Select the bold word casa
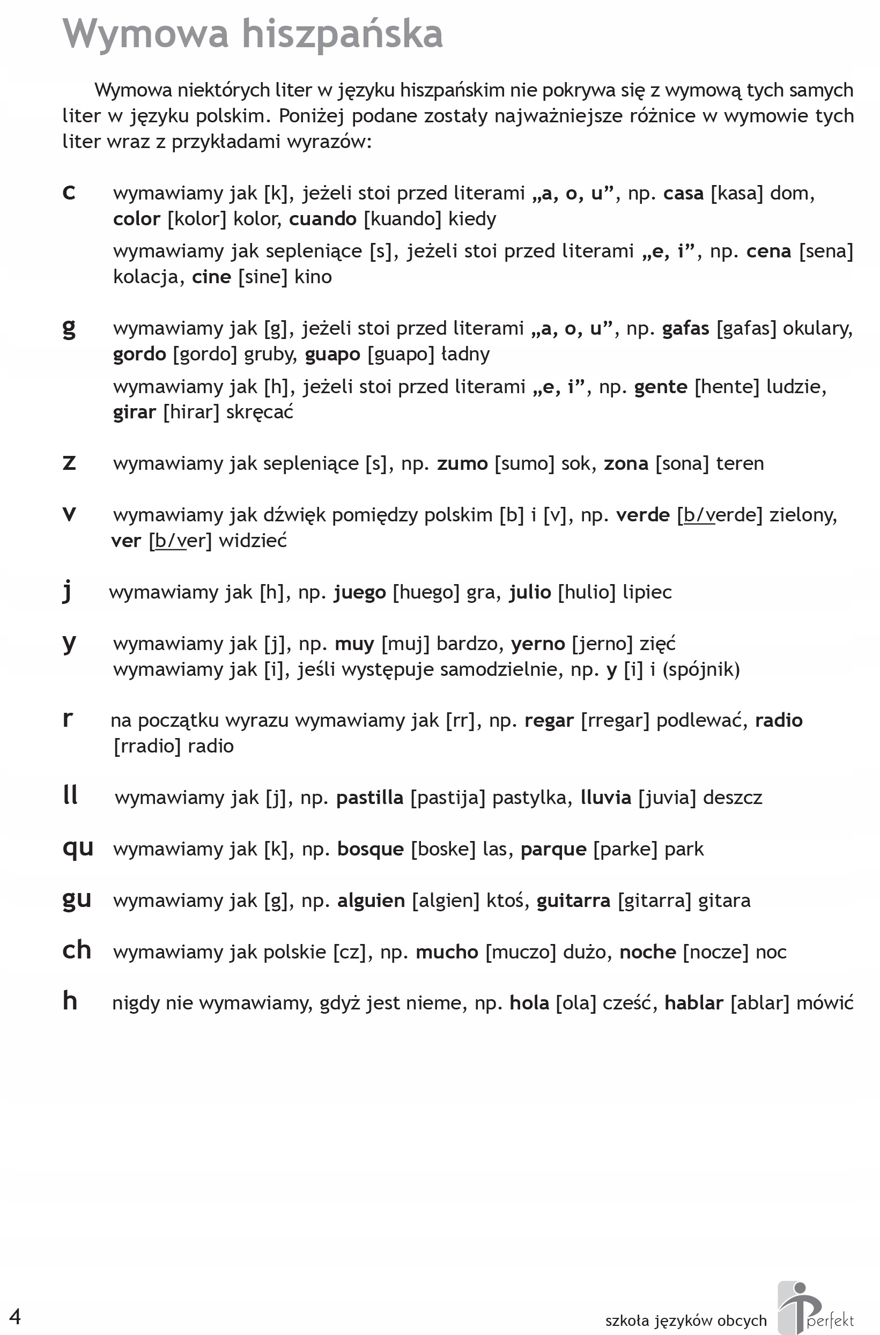[683, 194]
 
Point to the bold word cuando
[323, 219]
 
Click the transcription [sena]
[825, 252]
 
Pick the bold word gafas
[685, 329]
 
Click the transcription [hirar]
[191, 412]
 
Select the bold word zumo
[462, 464]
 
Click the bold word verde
[642, 515]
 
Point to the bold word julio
[530, 593]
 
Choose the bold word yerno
[538, 644]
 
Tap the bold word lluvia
[605, 798]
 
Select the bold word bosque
[371, 850]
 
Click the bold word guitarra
[573, 901]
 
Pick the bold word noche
[648, 952]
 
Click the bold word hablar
[694, 1004]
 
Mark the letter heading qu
[77, 848]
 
